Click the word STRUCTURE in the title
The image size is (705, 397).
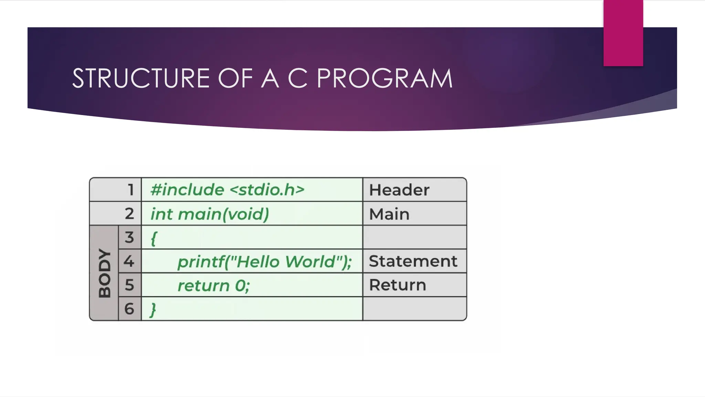coord(141,79)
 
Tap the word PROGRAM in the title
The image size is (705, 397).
coord(385,79)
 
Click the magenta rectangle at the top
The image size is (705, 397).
coord(623,33)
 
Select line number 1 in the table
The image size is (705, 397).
coord(130,190)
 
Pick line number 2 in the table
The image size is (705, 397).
coord(129,214)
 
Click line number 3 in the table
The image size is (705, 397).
coord(129,237)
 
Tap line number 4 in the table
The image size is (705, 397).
coord(129,261)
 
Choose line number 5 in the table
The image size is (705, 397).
coord(129,285)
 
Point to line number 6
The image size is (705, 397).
coord(129,309)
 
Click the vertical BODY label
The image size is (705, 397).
coord(104,273)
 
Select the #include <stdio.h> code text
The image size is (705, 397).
coord(228,190)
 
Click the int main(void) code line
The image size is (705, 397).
coord(210,214)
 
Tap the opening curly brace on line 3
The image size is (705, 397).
coord(154,238)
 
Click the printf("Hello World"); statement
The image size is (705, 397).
coord(264,262)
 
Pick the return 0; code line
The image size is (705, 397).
coord(213,286)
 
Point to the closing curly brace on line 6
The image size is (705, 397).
coord(153,309)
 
